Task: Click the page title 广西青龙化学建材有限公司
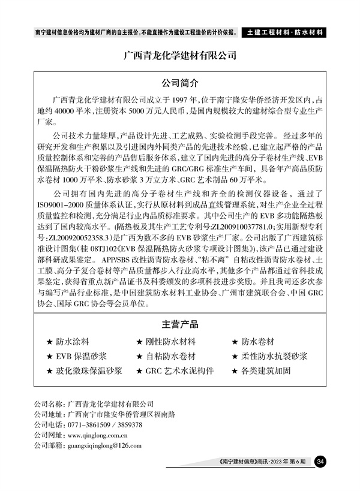click(x=179, y=56)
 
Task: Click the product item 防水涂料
click(x=73, y=342)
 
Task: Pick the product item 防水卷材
click(x=257, y=342)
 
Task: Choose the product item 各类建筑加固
click(x=266, y=370)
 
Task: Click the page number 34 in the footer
click(x=321, y=461)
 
